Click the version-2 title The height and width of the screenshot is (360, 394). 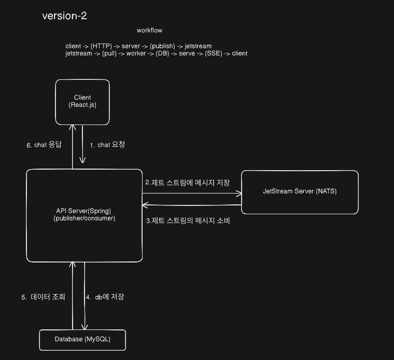pos(64,16)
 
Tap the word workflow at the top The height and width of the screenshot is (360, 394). pos(149,31)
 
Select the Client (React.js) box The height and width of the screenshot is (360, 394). pos(82,101)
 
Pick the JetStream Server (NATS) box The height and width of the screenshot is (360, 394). pos(300,191)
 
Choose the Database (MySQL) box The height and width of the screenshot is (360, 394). pos(82,339)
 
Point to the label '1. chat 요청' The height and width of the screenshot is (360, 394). pos(107,145)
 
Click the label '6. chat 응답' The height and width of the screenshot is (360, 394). pos(44,145)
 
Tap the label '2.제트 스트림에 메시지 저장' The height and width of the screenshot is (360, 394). pos(187,182)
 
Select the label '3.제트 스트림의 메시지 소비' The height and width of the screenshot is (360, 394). pos(187,220)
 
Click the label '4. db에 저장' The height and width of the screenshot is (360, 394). pos(105,297)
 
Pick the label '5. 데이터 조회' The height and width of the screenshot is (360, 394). pos(43,297)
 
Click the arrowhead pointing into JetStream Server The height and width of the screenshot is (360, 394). pos(240,194)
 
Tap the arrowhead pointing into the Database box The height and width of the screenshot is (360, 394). pos(85,326)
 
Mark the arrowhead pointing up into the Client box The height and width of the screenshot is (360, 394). pos(73,127)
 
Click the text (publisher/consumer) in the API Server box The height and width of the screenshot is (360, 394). pos(84,218)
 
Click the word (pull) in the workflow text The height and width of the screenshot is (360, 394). pos(101,53)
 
